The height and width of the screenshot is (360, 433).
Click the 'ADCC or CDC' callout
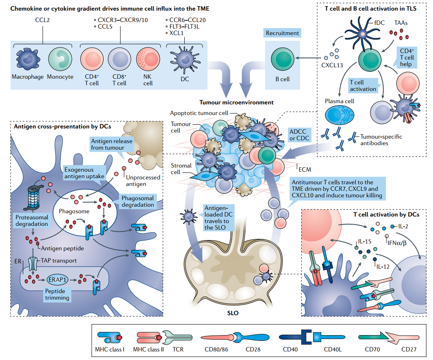click(x=300, y=135)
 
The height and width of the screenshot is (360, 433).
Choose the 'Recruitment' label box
click(x=282, y=33)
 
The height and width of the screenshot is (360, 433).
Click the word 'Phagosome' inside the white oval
click(x=74, y=211)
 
